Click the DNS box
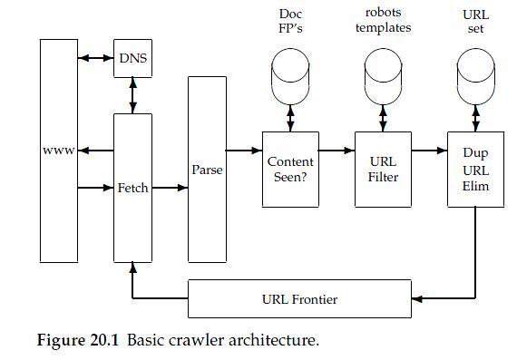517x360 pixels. point(132,58)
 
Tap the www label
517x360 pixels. point(59,151)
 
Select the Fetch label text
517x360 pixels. point(132,188)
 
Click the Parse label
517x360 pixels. point(207,170)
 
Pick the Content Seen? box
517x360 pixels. point(290,170)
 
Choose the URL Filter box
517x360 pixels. point(383,170)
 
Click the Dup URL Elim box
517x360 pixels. point(476,170)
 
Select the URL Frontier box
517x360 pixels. point(299,298)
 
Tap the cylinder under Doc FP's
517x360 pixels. point(290,76)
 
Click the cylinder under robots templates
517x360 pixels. point(383,76)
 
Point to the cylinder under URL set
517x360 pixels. point(476,76)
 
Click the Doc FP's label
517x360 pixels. point(290,21)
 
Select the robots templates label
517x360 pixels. point(383,20)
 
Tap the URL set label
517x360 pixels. point(476,22)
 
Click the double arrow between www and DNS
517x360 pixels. point(96,58)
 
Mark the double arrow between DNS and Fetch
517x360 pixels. point(132,95)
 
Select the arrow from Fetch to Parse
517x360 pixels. point(171,188)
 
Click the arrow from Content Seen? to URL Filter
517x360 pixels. point(337,151)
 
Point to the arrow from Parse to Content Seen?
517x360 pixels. point(244,151)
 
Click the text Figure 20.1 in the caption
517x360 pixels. point(77,340)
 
